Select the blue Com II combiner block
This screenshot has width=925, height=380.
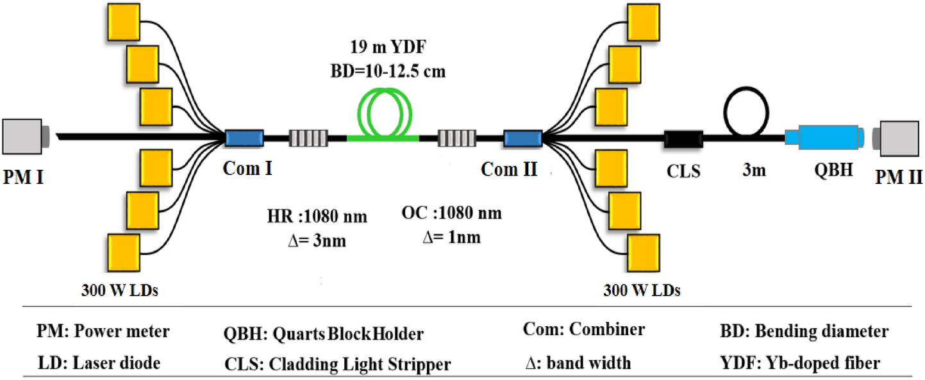[522, 138]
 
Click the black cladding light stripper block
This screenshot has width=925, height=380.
[683, 138]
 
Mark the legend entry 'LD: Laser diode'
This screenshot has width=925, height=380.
[99, 363]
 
